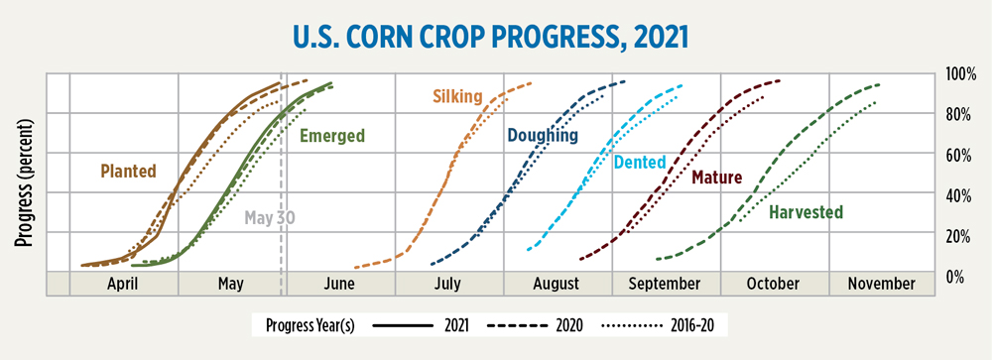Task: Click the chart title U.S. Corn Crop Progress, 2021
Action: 491,38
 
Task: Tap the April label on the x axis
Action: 123,284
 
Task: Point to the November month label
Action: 881,284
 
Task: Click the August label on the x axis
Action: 558,284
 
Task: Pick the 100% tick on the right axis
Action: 959,74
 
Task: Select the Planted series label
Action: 128,171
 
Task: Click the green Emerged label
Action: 332,136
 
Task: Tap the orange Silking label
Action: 457,97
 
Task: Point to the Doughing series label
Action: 542,135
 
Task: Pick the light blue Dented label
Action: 640,163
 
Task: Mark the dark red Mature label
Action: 716,178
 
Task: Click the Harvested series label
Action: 806,212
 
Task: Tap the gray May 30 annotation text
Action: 270,217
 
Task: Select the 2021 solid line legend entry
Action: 421,325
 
